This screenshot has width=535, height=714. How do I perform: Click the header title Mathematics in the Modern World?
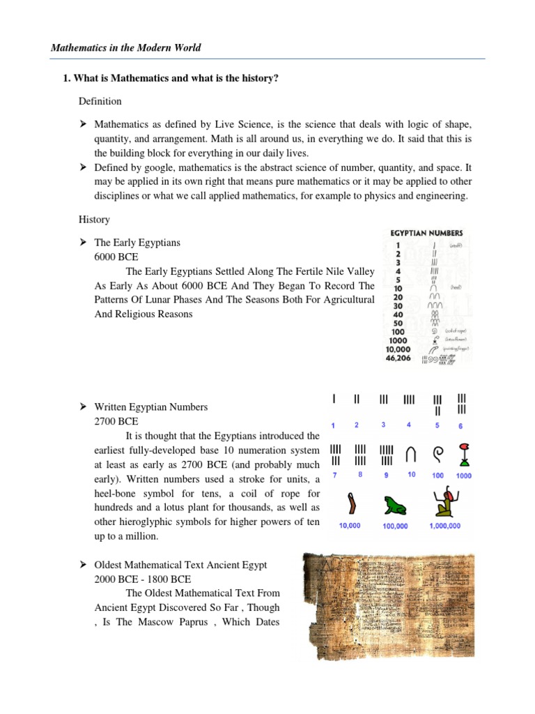(126, 48)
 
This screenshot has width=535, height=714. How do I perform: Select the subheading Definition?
(100, 101)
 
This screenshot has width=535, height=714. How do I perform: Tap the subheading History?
(94, 220)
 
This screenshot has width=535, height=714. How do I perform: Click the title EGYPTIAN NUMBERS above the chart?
(426, 233)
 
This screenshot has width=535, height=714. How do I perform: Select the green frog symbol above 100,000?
(395, 505)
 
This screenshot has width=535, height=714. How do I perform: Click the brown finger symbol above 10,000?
(350, 503)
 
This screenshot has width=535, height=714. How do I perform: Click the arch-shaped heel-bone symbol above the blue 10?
(411, 453)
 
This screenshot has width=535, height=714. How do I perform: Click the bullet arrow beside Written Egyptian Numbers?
(82, 407)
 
